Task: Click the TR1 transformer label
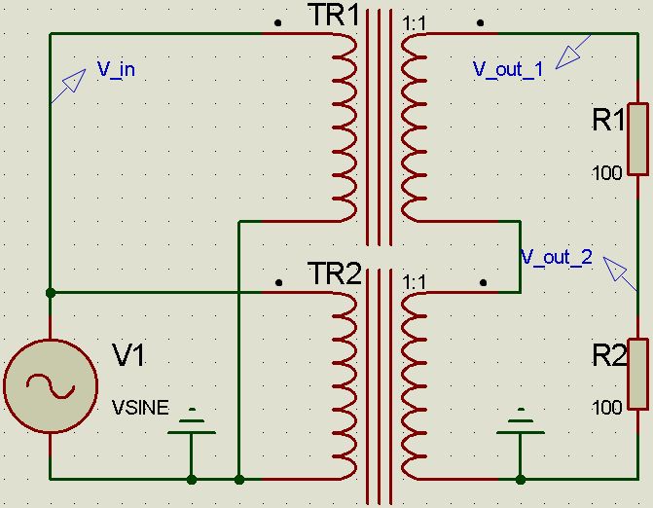[x=333, y=17]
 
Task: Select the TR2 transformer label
[x=333, y=273]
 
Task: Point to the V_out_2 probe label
[x=557, y=258]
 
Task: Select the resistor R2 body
[x=637, y=374]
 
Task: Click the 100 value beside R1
[x=606, y=174]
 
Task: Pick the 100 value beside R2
[x=606, y=407]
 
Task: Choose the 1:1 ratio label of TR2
[x=415, y=280]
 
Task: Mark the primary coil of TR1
[x=345, y=127]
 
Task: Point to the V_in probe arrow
[x=65, y=88]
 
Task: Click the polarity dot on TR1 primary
[x=279, y=20]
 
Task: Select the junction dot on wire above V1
[x=50, y=291]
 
